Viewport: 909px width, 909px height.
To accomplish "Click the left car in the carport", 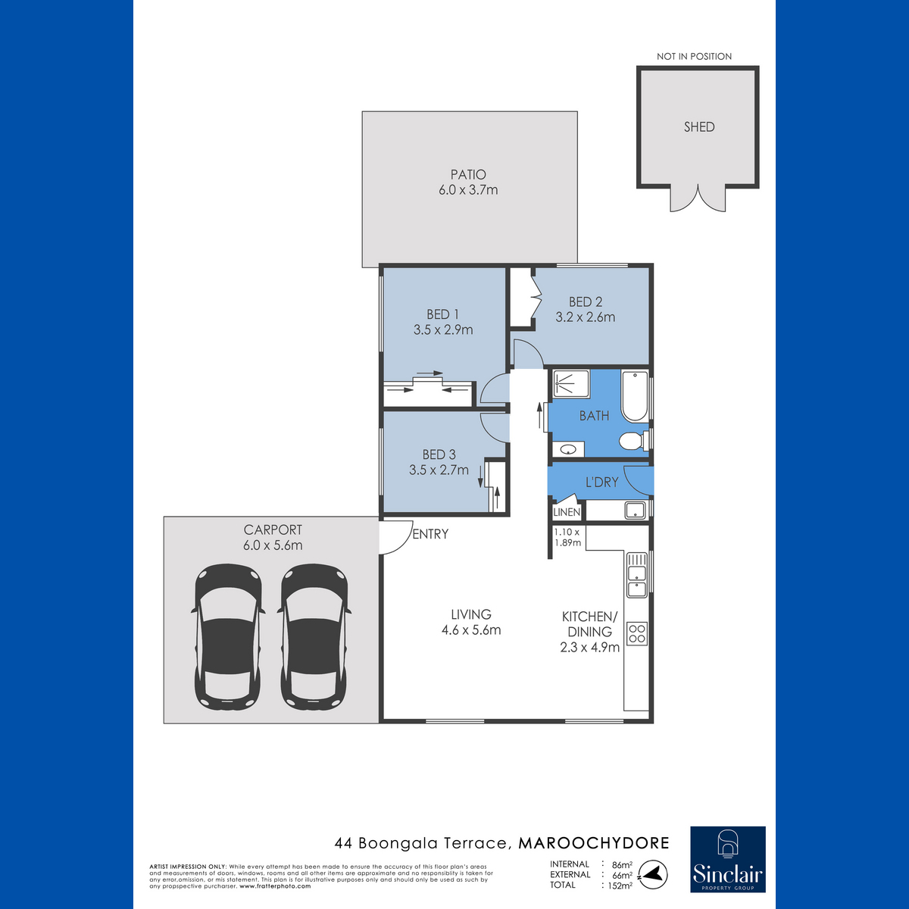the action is point(228,636).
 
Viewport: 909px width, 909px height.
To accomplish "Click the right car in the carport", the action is point(314,636).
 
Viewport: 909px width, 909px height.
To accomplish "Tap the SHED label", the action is point(699,127).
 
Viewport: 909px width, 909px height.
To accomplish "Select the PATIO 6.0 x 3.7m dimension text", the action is point(468,190).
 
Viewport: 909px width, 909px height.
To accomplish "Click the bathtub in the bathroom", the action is point(635,396).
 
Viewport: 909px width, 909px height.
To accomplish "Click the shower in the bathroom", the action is point(571,383).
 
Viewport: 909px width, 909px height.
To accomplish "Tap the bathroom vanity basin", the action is point(568,448).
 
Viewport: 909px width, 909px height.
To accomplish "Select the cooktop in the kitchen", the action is point(637,633).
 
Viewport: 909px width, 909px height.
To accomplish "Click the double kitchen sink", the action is point(637,574).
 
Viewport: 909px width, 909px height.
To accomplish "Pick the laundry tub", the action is point(635,511).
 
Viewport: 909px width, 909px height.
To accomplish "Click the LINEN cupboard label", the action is point(567,512).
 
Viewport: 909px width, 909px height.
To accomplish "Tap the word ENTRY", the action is point(430,534).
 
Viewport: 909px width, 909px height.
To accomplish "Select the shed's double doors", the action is point(698,199).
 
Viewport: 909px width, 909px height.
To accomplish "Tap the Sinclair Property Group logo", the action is point(728,860).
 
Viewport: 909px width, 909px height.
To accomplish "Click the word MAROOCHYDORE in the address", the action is point(594,843).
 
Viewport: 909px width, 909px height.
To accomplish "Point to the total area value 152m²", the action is point(620,886).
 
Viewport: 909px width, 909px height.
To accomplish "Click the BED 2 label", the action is point(586,302).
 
